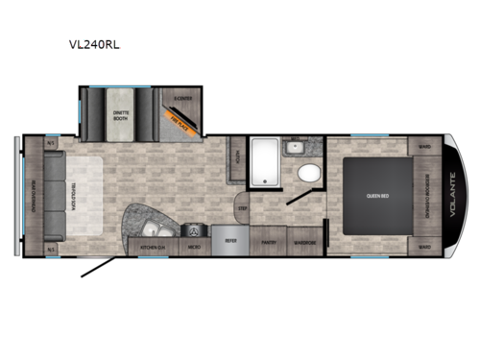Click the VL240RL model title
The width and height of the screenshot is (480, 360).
[x=102, y=43]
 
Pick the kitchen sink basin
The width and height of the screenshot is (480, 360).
[x=154, y=228]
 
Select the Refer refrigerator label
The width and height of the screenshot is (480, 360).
[x=230, y=242]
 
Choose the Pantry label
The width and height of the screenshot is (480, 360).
[x=269, y=242]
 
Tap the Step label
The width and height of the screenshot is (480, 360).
[x=243, y=207]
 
